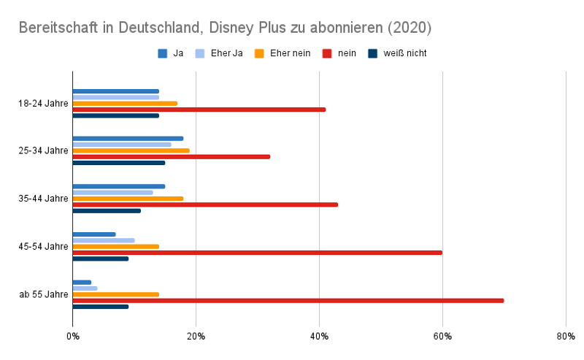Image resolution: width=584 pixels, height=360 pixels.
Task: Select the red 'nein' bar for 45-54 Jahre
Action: point(257,253)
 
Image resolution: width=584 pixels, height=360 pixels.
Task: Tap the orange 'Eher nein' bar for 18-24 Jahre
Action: point(125,103)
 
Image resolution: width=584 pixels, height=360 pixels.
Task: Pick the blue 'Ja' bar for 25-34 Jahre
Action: point(128,138)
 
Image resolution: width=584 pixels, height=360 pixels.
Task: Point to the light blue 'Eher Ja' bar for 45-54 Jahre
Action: point(104,240)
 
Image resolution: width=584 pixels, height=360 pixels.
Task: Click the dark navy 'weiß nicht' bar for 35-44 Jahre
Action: point(107,210)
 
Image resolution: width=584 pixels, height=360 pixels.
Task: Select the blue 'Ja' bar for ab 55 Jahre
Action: point(82,282)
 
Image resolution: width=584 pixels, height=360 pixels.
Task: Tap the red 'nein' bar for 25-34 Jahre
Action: point(172,156)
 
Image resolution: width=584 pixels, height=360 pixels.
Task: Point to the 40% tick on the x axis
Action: point(319,336)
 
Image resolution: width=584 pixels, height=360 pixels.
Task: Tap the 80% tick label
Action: point(565,336)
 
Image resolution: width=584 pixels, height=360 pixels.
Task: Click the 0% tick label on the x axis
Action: point(72,336)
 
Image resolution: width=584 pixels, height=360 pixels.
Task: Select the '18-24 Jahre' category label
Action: point(43,103)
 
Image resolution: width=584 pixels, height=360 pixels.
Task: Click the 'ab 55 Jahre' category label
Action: point(44,294)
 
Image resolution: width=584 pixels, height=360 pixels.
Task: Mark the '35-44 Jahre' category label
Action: point(43,199)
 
